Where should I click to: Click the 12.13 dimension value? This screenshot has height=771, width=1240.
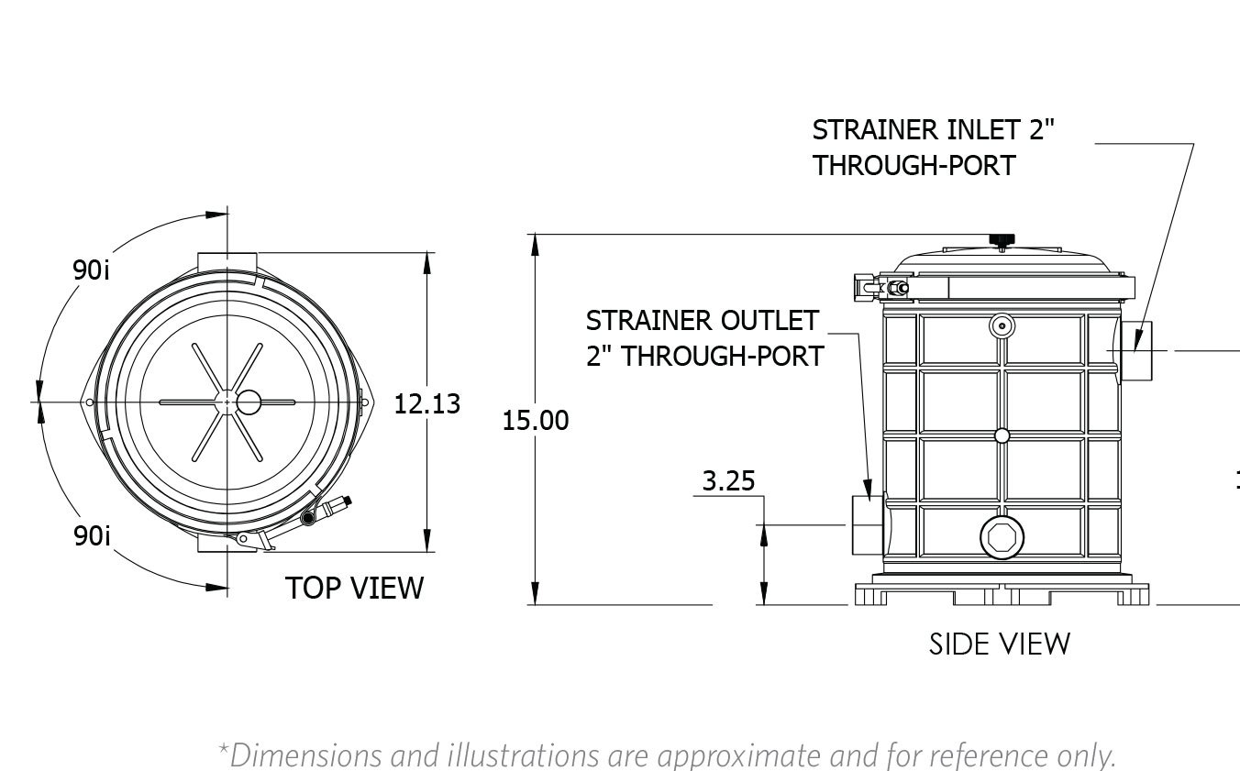coord(426,403)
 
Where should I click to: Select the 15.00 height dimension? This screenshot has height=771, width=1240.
coord(536,421)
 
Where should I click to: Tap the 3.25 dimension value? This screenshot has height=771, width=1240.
coord(728,480)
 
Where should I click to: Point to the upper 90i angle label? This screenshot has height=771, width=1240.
coord(92,270)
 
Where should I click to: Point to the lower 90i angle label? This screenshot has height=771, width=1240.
coord(92,535)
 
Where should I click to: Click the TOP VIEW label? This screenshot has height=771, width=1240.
coord(354,588)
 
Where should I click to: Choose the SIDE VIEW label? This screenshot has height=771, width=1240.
coord(999,644)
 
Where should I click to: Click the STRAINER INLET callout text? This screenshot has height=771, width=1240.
coord(933,147)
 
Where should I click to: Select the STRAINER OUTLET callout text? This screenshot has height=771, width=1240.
coord(703,337)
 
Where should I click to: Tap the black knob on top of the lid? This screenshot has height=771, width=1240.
coord(1001,240)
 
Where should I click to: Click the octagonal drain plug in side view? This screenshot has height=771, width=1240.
coord(1002,537)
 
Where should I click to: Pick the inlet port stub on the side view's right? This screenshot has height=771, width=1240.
coord(1135,352)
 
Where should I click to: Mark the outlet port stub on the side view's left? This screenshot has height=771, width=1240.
coord(866,523)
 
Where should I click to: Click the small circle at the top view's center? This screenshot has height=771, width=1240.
coord(249,402)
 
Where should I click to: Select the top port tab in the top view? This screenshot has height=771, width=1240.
coord(228,259)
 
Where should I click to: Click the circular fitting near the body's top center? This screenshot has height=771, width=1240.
coord(1002,325)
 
